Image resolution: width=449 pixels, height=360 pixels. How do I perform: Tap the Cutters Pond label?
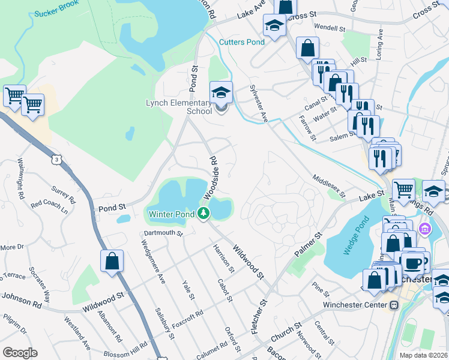click(x=241, y=42)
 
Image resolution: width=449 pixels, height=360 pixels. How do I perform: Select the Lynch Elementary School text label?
click(x=179, y=107)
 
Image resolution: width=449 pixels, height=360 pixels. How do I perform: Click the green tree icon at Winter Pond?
click(x=204, y=213)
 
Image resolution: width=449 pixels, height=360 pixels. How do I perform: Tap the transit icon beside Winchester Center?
click(x=394, y=305)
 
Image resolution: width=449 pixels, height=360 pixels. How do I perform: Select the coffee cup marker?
click(x=412, y=263)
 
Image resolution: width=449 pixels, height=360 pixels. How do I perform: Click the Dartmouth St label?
click(x=162, y=233)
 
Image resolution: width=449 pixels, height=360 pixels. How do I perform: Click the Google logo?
click(x=20, y=353)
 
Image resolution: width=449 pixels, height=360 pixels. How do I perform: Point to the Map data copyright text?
click(x=425, y=355)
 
